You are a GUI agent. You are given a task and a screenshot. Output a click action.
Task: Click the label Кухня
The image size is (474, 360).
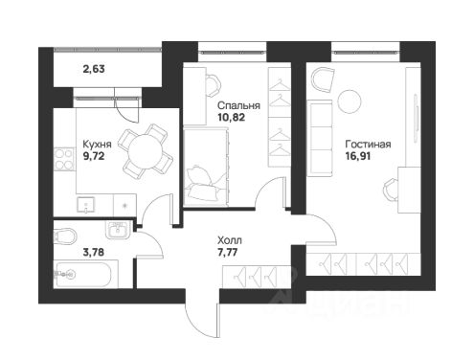97,145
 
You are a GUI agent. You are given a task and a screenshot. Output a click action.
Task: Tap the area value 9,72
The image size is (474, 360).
94,156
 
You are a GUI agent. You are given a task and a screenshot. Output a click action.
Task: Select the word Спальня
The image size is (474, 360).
238,105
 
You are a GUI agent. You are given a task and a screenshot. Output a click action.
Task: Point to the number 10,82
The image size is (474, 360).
232,117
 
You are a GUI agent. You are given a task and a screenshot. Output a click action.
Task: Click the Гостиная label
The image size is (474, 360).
368,145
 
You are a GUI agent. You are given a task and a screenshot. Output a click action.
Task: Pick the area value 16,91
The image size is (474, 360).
358,156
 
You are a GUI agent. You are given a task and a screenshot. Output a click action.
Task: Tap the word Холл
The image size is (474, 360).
230,240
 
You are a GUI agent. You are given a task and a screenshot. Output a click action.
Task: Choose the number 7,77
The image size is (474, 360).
228,252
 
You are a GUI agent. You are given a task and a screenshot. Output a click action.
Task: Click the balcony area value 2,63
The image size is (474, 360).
94,69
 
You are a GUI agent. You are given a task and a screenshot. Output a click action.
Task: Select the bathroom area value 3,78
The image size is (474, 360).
93,253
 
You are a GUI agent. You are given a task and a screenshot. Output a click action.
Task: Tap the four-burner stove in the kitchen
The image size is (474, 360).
64,159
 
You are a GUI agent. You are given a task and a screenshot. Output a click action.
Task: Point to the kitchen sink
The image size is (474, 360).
86,205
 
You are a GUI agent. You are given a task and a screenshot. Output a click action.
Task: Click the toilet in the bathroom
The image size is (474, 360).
65,236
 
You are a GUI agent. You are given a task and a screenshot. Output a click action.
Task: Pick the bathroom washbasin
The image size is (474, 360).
118,230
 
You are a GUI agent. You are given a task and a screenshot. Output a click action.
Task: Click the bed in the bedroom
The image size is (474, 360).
206,167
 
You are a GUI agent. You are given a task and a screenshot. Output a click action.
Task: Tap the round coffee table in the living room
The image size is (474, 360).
350,101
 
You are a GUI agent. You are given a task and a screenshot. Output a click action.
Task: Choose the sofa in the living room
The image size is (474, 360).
320,138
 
